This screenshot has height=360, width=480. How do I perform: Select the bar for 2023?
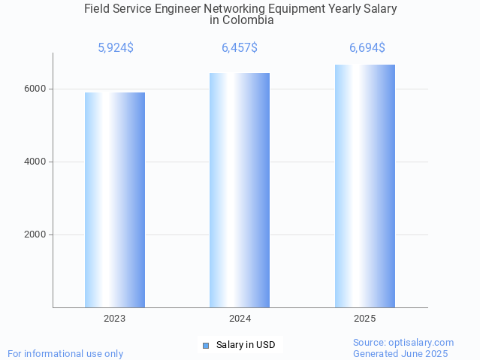click(115, 200)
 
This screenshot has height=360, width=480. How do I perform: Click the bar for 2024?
click(240, 190)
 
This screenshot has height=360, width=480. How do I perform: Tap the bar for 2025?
click(365, 186)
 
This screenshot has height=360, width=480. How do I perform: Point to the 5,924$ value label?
click(116, 48)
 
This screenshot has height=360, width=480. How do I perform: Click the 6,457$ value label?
click(240, 48)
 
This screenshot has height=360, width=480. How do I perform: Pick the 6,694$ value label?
click(367, 48)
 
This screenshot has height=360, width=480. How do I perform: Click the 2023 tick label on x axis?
click(115, 319)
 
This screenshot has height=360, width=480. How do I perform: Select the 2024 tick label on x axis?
click(240, 319)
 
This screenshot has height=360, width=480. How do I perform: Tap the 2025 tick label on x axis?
click(365, 319)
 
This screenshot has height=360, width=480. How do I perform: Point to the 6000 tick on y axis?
click(35, 89)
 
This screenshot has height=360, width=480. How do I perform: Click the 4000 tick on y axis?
click(35, 162)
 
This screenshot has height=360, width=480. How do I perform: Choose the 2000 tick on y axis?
click(35, 234)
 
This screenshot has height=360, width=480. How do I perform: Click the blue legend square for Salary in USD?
click(206, 346)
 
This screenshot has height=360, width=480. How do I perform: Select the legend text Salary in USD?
click(246, 346)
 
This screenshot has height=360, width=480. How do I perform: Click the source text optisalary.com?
click(424, 343)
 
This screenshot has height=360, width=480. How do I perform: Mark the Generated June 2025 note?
click(400, 354)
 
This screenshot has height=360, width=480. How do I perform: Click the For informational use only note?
click(65, 354)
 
